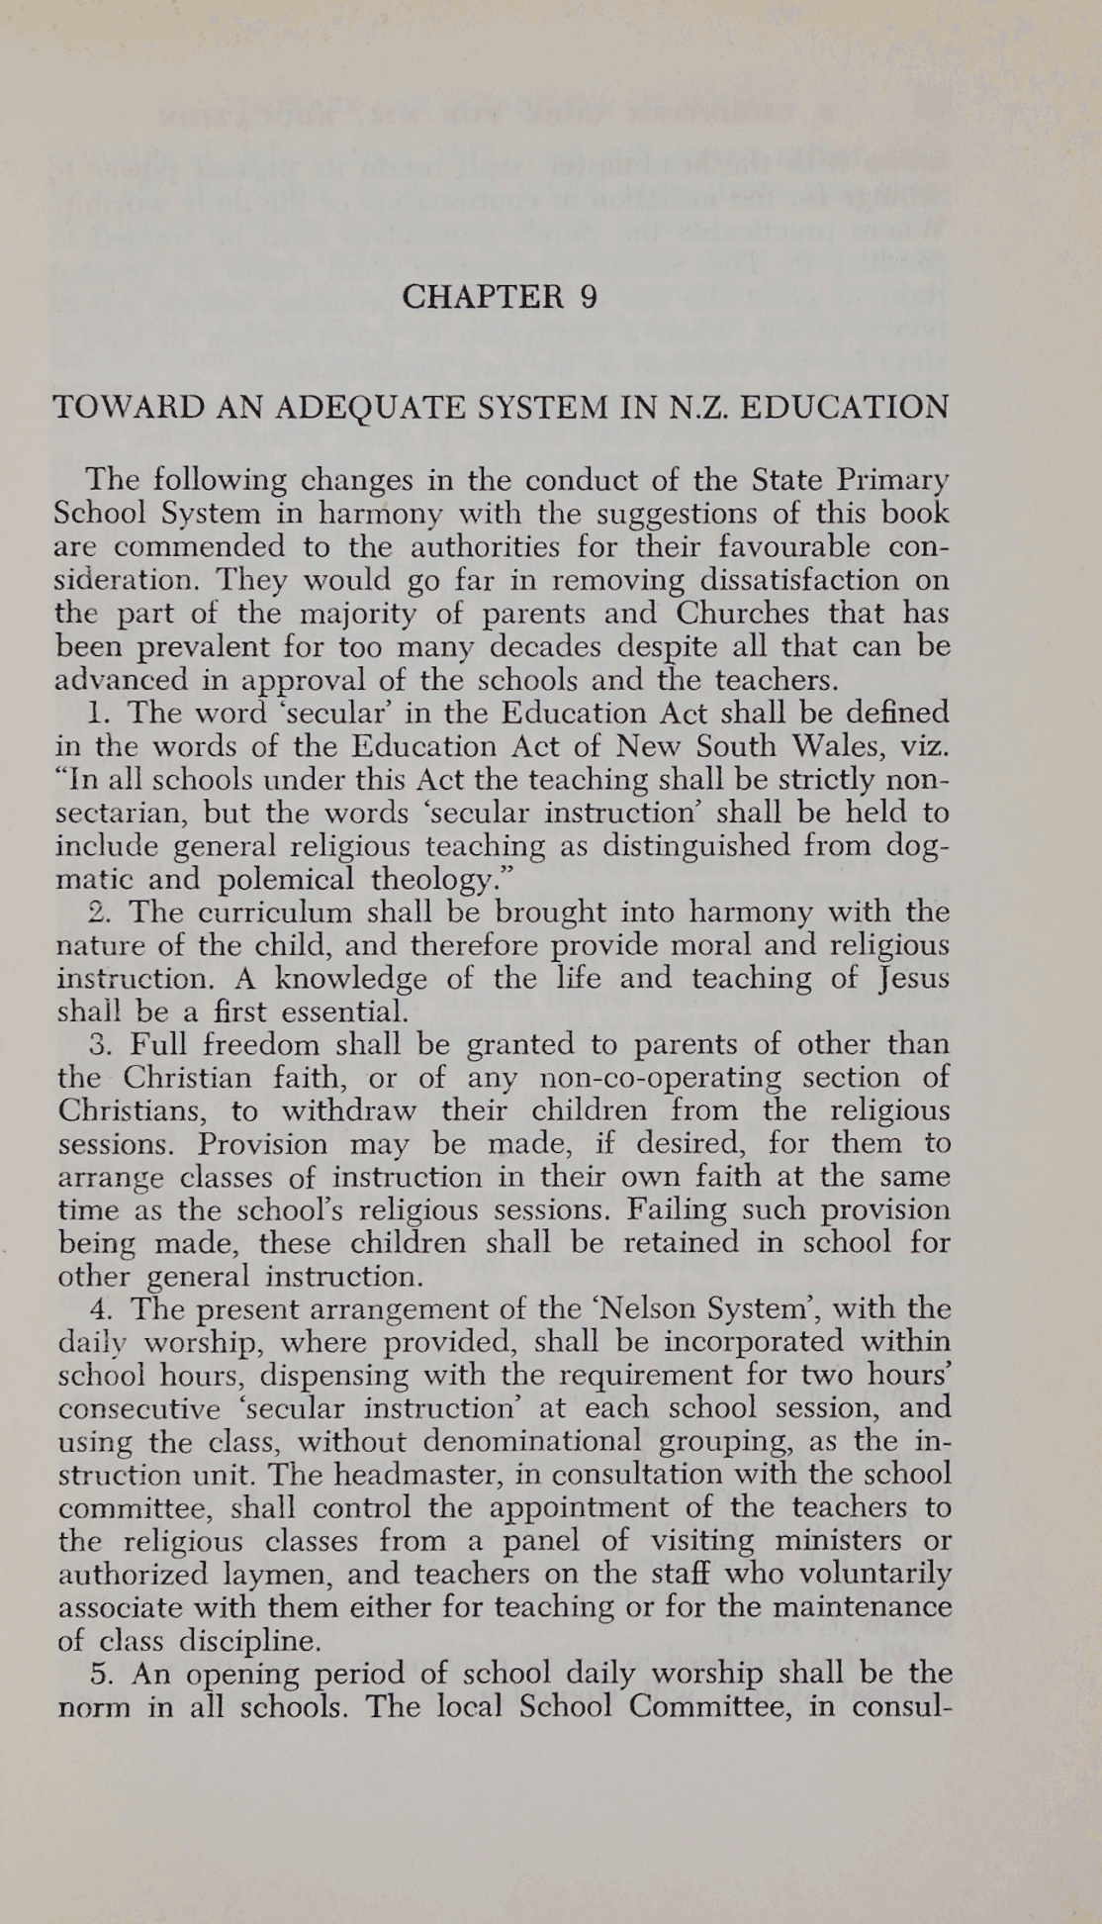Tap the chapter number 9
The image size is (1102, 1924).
tap(589, 298)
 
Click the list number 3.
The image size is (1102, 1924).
tap(97, 1045)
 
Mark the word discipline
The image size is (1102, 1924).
tap(249, 1641)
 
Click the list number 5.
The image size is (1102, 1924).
tap(97, 1675)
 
